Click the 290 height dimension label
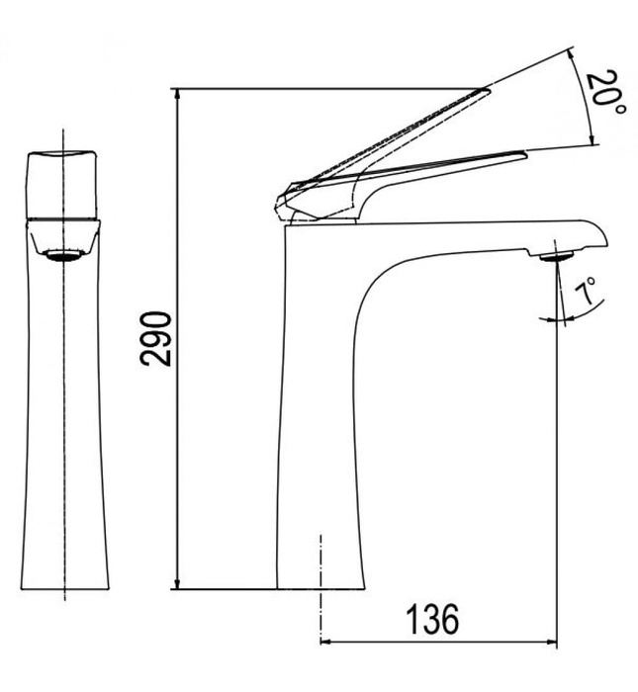155,338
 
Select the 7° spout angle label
587,294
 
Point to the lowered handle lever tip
520,153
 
